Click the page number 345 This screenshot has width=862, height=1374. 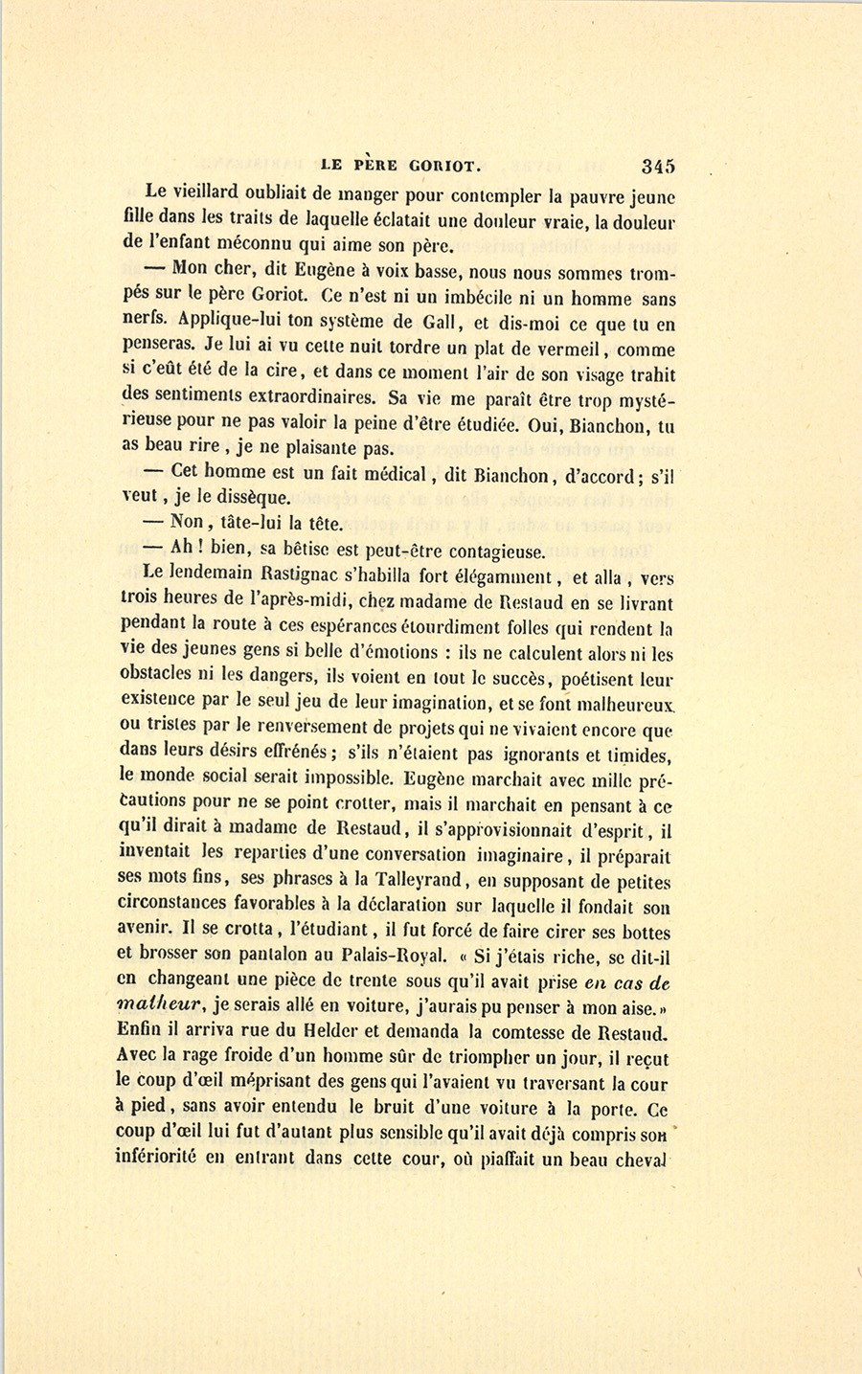(x=658, y=165)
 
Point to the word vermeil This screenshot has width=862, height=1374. (x=571, y=349)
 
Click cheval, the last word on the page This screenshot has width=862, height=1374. (x=638, y=1161)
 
